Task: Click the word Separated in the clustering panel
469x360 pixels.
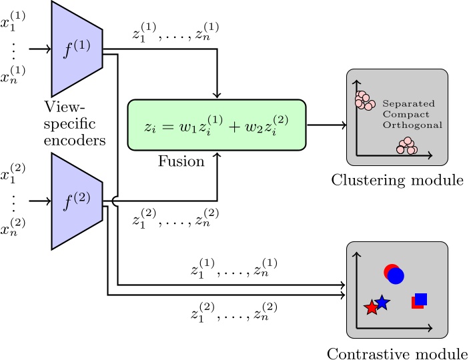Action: (x=408, y=104)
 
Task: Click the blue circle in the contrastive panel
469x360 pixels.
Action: (x=396, y=275)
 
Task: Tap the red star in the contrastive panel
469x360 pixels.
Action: (x=371, y=307)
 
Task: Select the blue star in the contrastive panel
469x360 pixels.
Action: (x=382, y=302)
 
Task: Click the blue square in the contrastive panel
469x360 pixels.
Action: (x=421, y=299)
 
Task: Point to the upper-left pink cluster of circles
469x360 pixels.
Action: (x=364, y=101)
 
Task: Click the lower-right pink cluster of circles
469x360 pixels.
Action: (x=406, y=146)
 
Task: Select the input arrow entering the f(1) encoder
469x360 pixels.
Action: (x=40, y=49)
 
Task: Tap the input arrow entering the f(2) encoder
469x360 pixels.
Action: (x=40, y=199)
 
